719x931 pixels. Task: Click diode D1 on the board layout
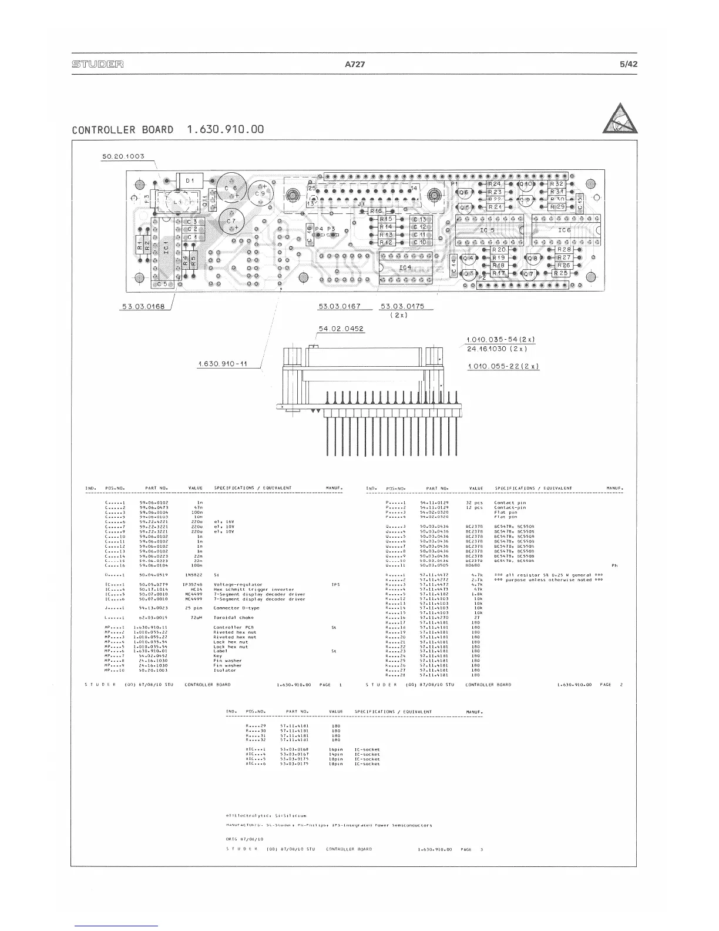pos(189,180)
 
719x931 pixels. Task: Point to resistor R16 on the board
pos(377,210)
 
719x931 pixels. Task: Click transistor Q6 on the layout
pos(464,192)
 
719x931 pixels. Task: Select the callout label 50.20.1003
pos(122,156)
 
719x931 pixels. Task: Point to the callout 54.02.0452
pos(341,329)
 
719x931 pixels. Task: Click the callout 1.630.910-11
pos(222,364)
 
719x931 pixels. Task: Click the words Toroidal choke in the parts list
pos(234,618)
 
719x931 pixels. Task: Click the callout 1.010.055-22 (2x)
pos(502,366)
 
